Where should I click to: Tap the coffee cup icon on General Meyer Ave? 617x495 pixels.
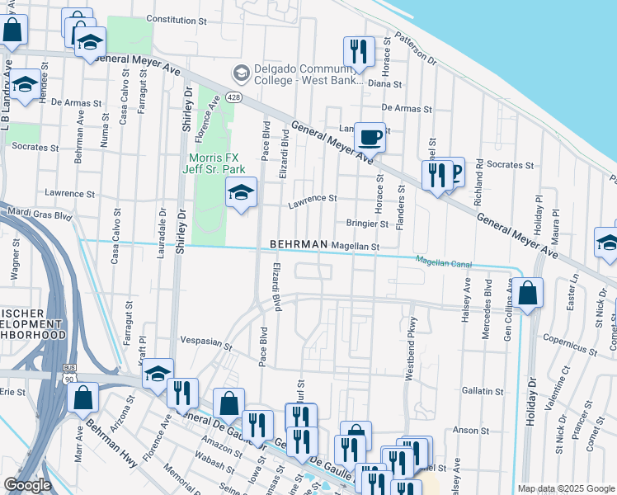[x=370, y=137]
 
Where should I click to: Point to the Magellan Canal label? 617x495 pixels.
[x=444, y=262]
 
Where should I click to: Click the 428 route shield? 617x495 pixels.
[x=234, y=97]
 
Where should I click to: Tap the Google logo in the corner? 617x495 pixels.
[x=27, y=486]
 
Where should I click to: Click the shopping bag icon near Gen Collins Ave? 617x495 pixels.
[x=528, y=291]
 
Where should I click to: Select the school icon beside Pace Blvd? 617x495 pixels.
[x=241, y=193]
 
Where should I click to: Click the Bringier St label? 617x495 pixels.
[x=367, y=224]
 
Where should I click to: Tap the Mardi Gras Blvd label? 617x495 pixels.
[x=40, y=214]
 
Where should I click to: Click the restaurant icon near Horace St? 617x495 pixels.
[x=359, y=51]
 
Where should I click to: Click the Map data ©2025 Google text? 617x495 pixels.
[x=565, y=488]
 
